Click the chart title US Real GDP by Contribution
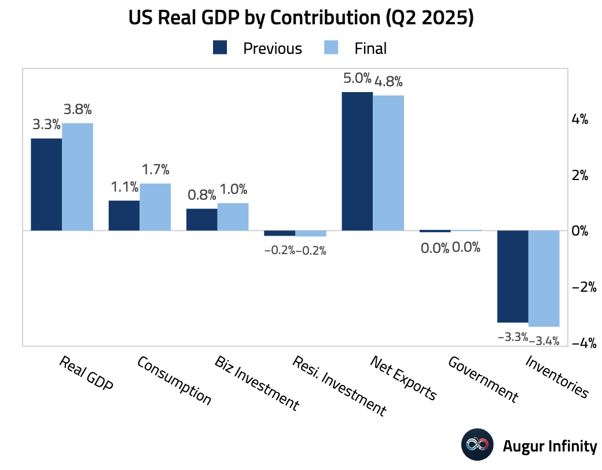tap(301, 19)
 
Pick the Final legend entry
tap(354, 48)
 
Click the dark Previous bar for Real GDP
tap(46, 184)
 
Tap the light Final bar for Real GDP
tap(78, 177)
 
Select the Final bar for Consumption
tap(155, 207)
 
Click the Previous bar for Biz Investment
tap(201, 219)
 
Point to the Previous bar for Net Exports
tap(357, 161)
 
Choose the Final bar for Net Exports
tap(388, 163)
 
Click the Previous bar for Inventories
tap(513, 276)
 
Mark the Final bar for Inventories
tap(544, 278)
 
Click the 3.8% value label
tap(78, 109)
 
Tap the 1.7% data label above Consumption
tap(155, 170)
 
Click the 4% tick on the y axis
tap(580, 120)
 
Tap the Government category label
tap(483, 379)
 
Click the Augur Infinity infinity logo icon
tap(478, 445)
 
